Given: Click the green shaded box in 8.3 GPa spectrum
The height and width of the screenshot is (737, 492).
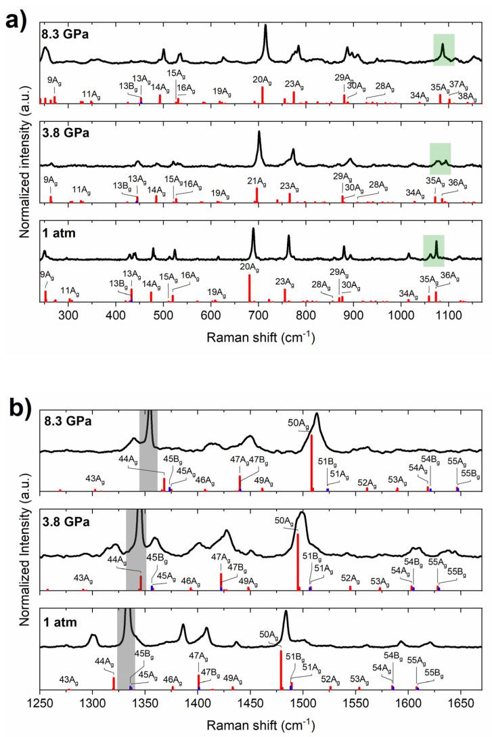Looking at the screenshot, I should click(x=443, y=50).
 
